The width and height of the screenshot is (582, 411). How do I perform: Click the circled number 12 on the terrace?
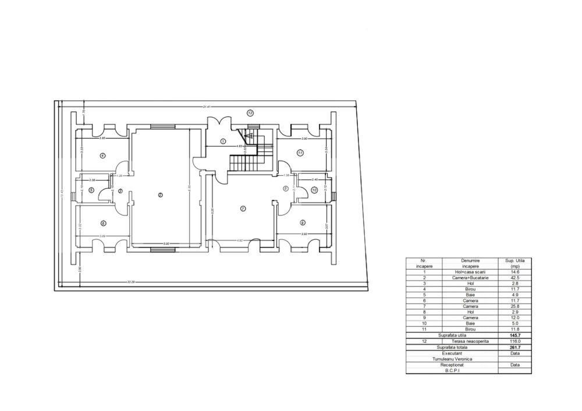pyautogui.click(x=250, y=113)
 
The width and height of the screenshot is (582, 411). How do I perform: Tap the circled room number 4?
pyautogui.click(x=102, y=155)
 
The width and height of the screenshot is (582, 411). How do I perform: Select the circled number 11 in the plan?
pyautogui.click(x=300, y=153)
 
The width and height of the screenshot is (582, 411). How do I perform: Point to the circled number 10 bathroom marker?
pyautogui.click(x=314, y=190)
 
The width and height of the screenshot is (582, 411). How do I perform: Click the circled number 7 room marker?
pyautogui.click(x=243, y=208)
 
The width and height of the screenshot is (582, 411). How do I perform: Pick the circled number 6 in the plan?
pyautogui.click(x=103, y=223)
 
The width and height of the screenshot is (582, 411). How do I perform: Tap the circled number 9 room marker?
pyautogui.click(x=303, y=222)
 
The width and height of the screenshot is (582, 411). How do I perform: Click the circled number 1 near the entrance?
pyautogui.click(x=223, y=141)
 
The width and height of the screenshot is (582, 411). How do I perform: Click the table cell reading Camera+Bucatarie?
pyautogui.click(x=470, y=278)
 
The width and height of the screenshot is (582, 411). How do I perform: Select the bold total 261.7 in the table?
pyautogui.click(x=514, y=347)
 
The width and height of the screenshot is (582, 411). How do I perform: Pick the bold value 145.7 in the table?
pyautogui.click(x=514, y=335)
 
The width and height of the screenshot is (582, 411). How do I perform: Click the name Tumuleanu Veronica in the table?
pyautogui.click(x=452, y=359)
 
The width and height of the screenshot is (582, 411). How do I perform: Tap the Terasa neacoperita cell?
pyautogui.click(x=470, y=341)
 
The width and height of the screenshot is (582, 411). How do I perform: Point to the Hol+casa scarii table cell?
pyautogui.click(x=470, y=272)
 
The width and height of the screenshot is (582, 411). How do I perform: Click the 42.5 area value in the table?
pyautogui.click(x=514, y=278)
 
